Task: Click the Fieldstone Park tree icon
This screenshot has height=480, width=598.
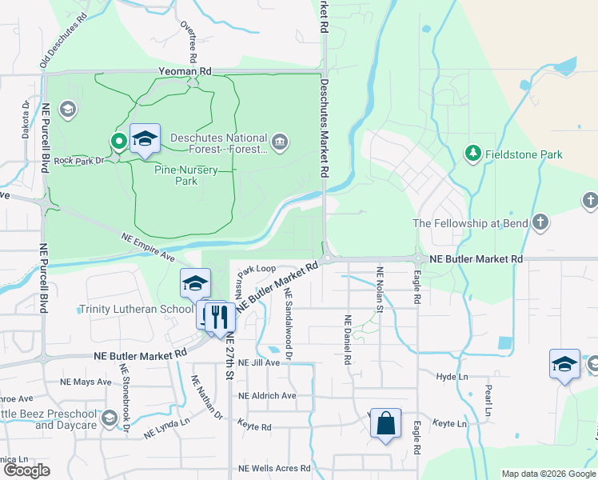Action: pyautogui.click(x=472, y=154)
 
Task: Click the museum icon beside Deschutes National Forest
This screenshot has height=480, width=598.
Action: pyautogui.click(x=280, y=143)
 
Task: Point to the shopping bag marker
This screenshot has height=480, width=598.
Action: pyautogui.click(x=385, y=424)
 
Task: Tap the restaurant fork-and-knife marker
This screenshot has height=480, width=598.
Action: pyautogui.click(x=216, y=318)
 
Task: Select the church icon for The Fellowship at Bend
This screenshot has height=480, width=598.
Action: pyautogui.click(x=540, y=222)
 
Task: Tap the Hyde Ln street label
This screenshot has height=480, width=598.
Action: pyautogui.click(x=452, y=376)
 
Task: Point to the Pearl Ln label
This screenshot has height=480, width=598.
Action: pyautogui.click(x=487, y=398)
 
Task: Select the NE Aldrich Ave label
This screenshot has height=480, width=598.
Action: pyautogui.click(x=267, y=395)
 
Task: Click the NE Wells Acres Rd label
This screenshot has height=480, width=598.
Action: pyautogui.click(x=274, y=468)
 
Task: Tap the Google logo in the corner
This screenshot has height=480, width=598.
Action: pyautogui.click(x=26, y=470)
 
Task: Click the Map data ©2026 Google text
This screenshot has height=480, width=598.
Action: pyautogui.click(x=548, y=474)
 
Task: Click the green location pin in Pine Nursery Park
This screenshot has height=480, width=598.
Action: pyautogui.click(x=119, y=142)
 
